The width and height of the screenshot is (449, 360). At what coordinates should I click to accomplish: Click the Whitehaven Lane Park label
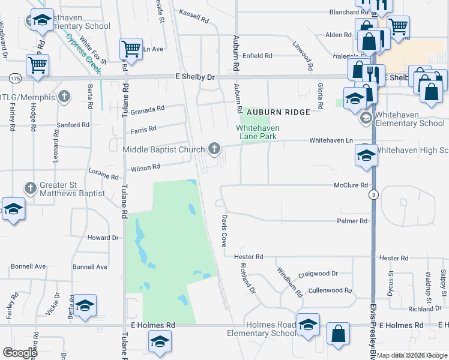point(258,132)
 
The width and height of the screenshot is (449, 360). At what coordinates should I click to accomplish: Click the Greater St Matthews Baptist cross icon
point(31,188)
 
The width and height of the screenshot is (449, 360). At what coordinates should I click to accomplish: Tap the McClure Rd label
point(351,185)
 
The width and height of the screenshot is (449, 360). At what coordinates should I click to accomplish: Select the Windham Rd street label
point(288,282)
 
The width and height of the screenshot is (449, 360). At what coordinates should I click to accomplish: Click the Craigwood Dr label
point(318,274)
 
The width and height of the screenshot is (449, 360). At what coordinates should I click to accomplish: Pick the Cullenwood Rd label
point(330,290)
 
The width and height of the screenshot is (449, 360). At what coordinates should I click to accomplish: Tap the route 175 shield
point(16,79)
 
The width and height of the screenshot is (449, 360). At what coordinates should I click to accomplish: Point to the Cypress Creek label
point(83,54)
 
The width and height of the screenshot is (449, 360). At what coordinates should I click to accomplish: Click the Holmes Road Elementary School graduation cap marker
point(308,325)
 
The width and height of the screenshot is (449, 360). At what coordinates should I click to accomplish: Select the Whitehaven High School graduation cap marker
point(366,155)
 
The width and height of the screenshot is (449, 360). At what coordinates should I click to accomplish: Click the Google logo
point(20,353)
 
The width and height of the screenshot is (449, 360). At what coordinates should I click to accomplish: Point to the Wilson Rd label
point(145,167)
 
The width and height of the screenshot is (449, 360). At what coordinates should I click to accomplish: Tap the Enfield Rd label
point(258,56)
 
